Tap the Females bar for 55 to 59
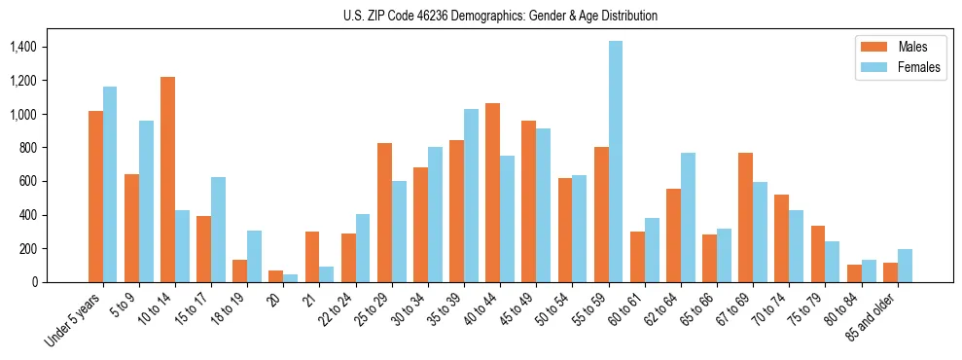click(616, 162)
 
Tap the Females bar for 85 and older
click(905, 266)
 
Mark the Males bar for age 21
click(312, 257)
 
